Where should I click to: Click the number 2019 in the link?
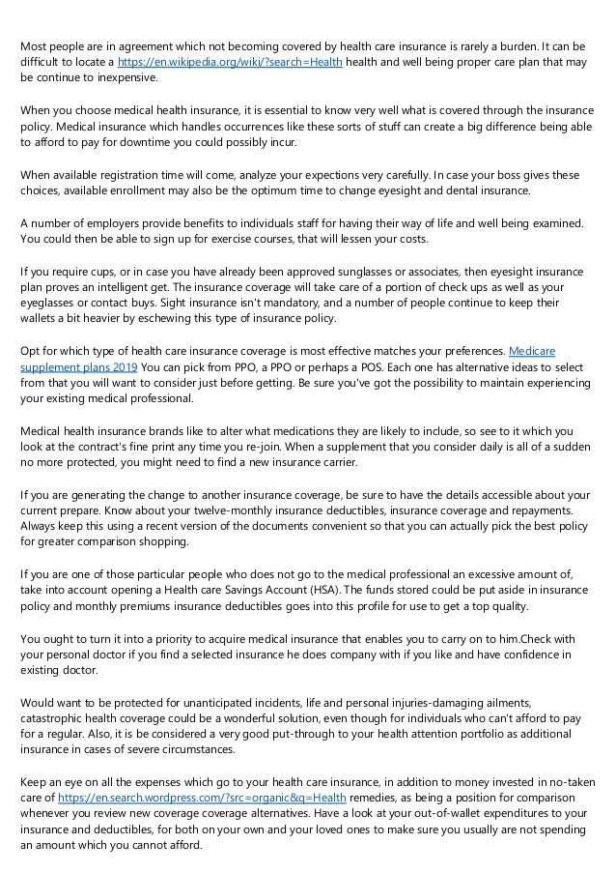click(x=124, y=367)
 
